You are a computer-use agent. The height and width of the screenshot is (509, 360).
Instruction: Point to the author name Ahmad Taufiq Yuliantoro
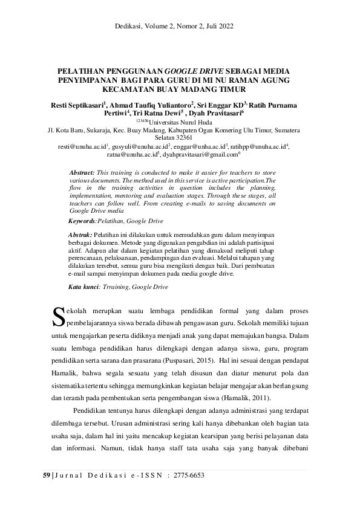point(151,105)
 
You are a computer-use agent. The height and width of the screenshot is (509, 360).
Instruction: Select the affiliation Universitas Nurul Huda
point(182,122)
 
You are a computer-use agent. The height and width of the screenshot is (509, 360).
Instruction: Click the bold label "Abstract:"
point(82,172)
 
